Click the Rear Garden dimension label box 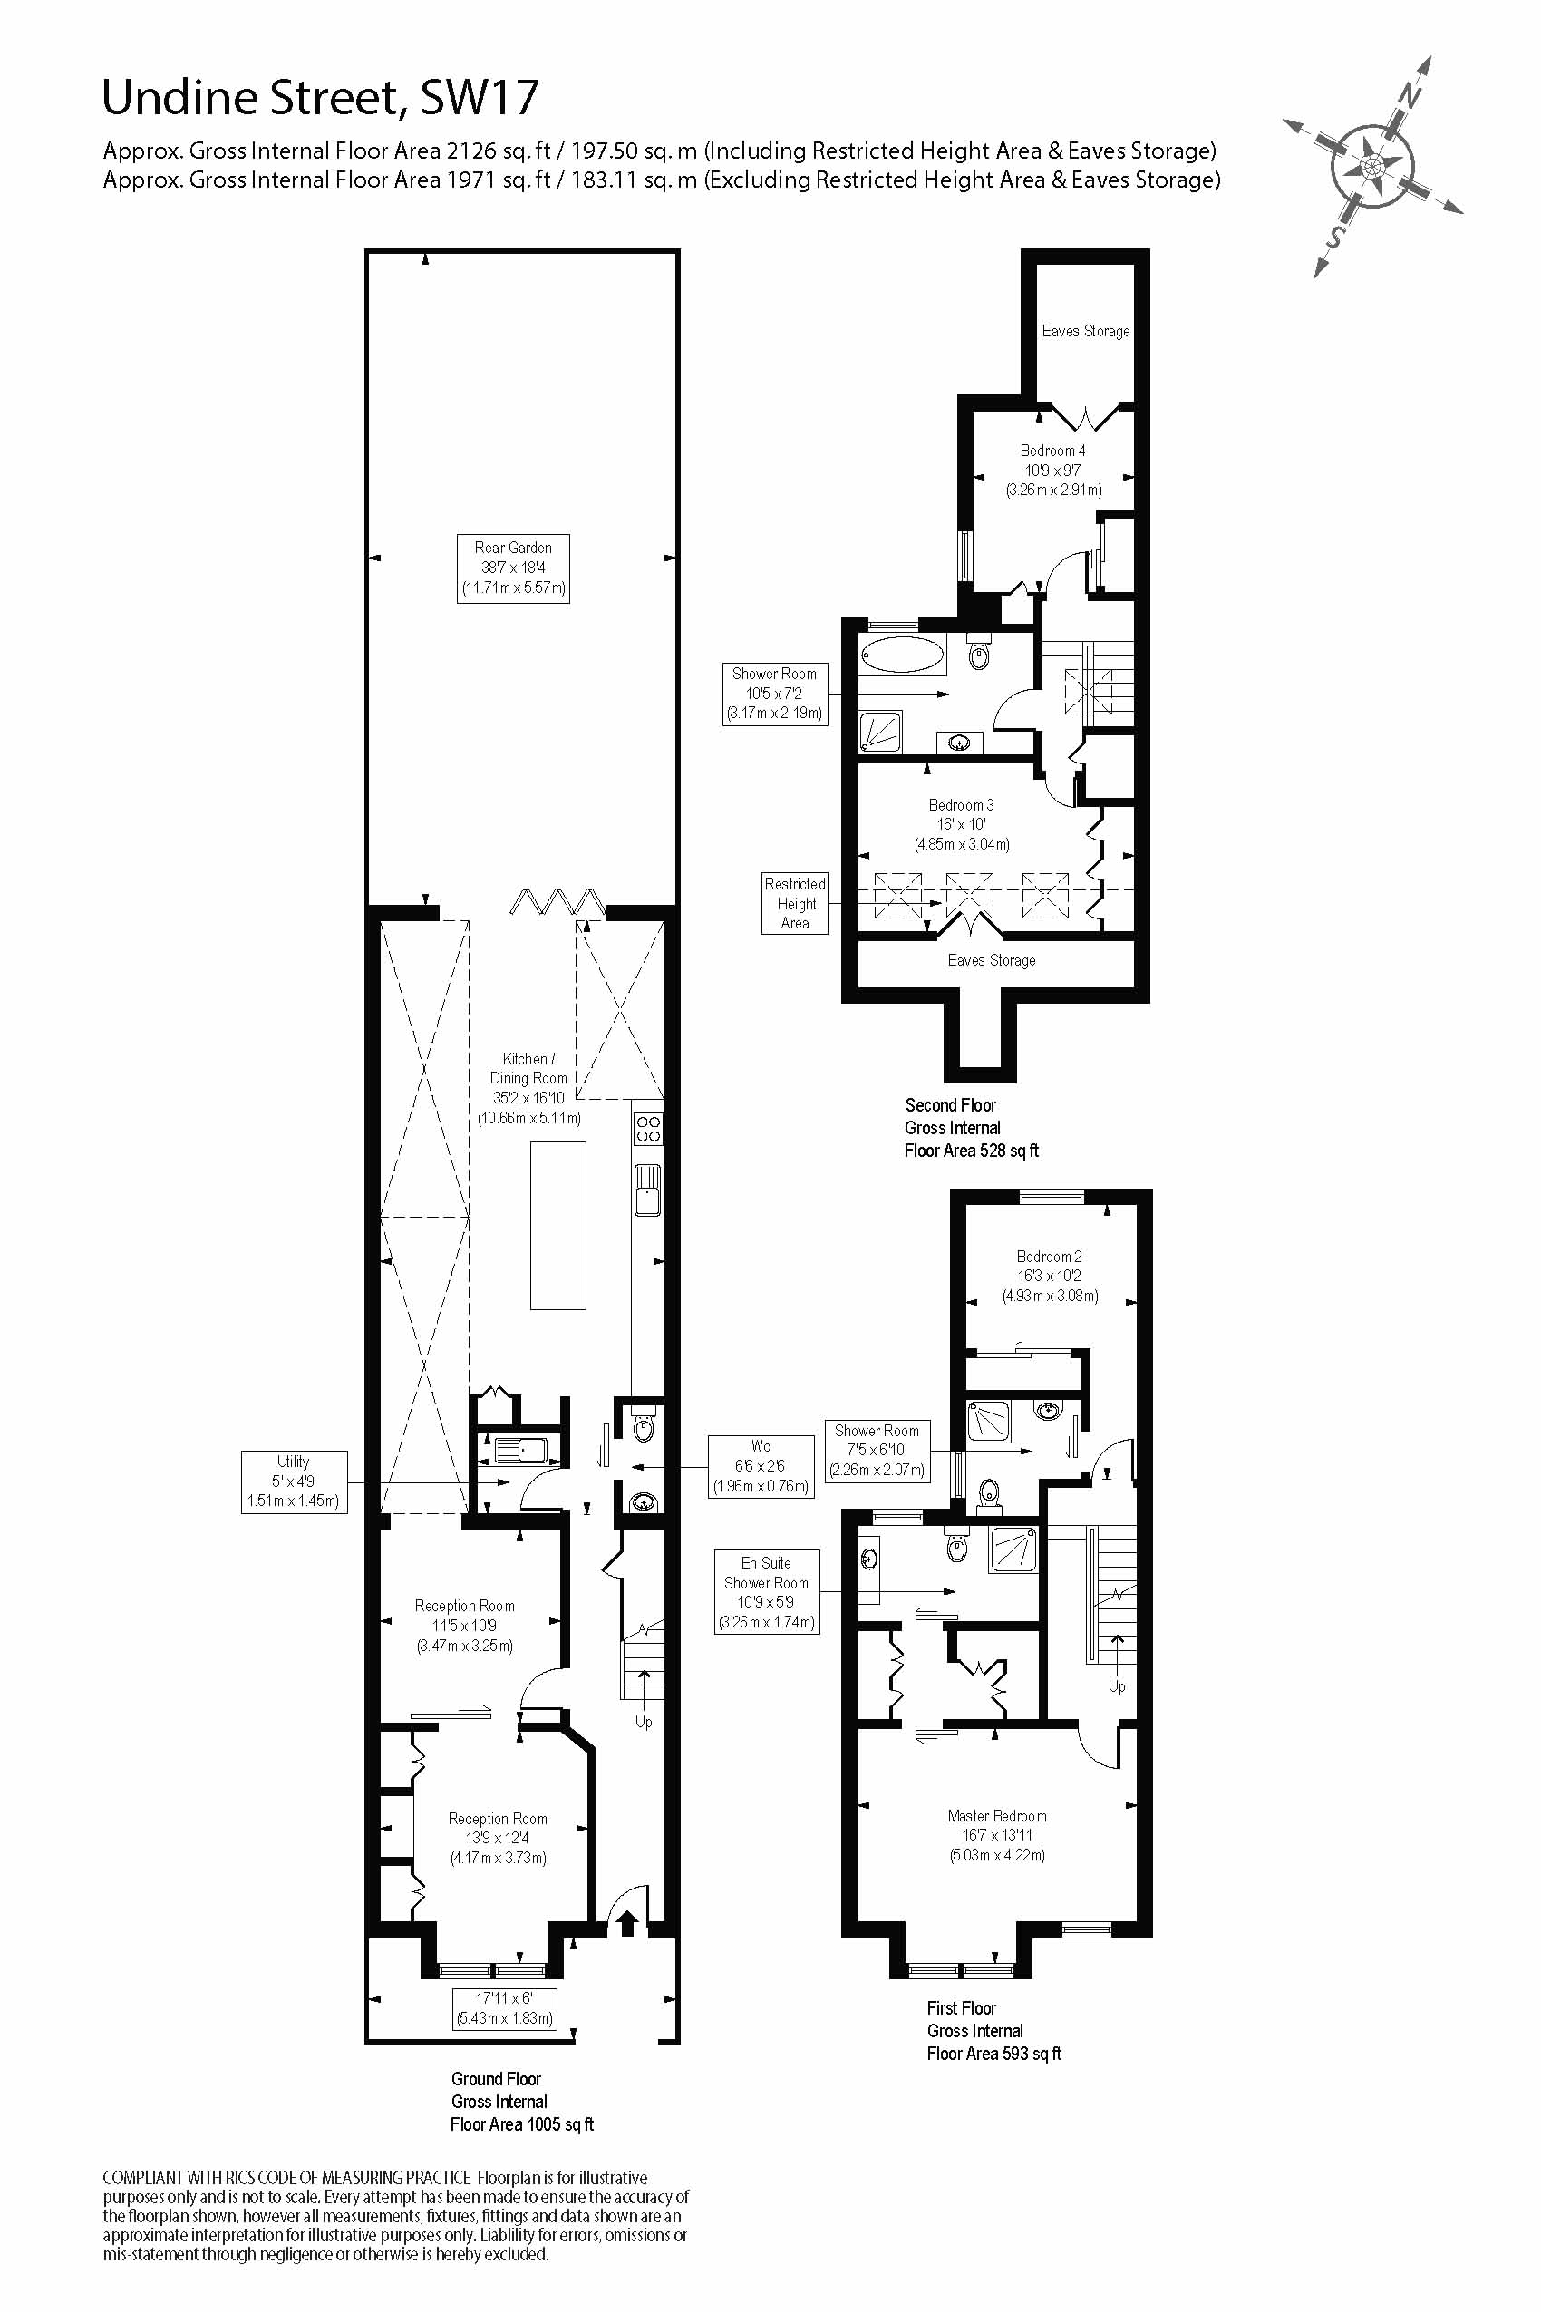click(513, 568)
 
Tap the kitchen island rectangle click(558, 1225)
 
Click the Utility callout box click(294, 1481)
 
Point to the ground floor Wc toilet click(644, 1426)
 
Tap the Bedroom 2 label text click(1050, 1257)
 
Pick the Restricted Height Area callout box click(795, 903)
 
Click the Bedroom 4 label click(1052, 451)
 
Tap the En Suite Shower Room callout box click(767, 1592)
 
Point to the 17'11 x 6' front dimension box click(505, 2008)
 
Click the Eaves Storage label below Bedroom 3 click(991, 960)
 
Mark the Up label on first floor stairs click(1117, 1685)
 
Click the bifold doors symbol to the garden click(557, 901)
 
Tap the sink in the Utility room click(521, 1449)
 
